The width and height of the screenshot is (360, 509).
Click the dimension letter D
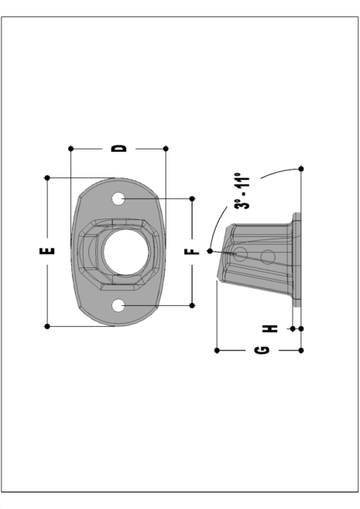(x=118, y=147)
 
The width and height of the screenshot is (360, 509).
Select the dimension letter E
(x=48, y=252)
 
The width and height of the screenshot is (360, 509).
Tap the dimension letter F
(x=192, y=252)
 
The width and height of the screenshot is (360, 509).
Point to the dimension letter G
(x=261, y=351)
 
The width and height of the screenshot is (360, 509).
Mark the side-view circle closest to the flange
(x=268, y=255)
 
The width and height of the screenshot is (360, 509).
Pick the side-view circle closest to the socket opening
(x=241, y=253)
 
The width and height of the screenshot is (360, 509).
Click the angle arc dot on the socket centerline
(x=210, y=251)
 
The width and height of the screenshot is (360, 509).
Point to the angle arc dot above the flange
(x=300, y=168)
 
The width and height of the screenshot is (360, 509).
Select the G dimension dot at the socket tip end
(x=217, y=351)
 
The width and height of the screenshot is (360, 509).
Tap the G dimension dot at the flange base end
(x=300, y=351)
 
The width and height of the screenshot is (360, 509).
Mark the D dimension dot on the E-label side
(x=70, y=147)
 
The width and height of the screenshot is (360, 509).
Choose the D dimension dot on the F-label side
(x=166, y=147)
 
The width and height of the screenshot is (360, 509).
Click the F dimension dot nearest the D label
(x=192, y=199)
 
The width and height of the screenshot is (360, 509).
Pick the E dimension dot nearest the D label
(x=48, y=177)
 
